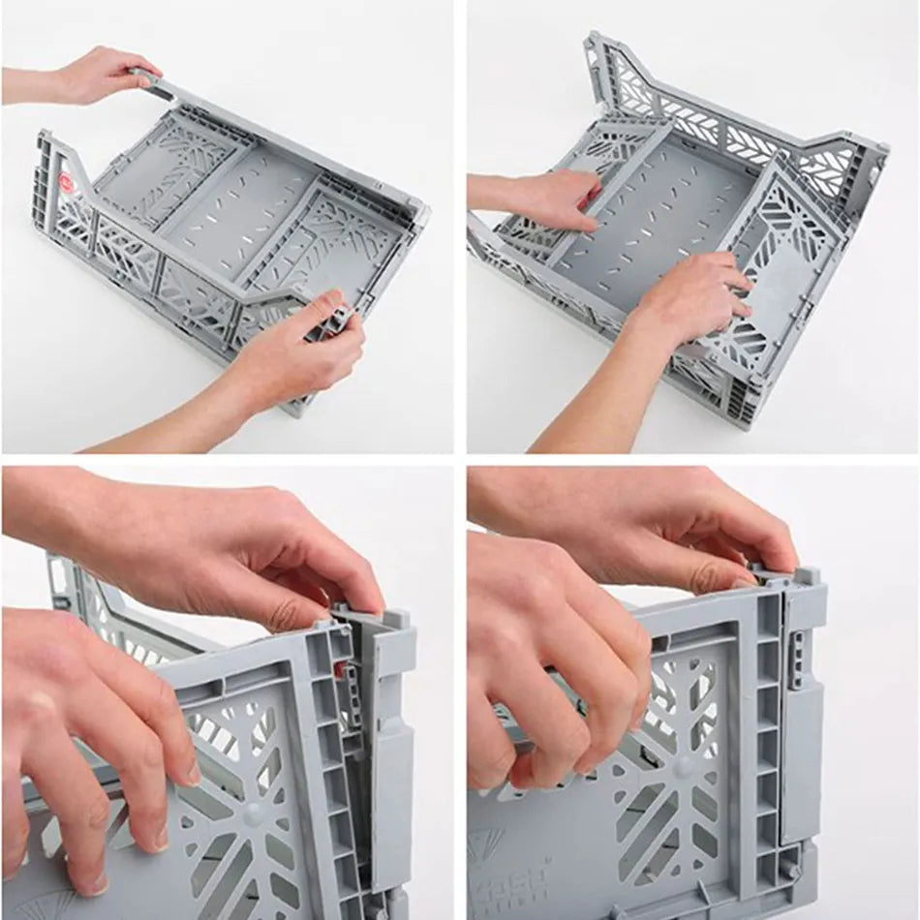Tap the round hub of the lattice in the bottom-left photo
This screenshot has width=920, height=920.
point(254,813)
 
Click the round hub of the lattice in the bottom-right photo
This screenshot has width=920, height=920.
point(685,768)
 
